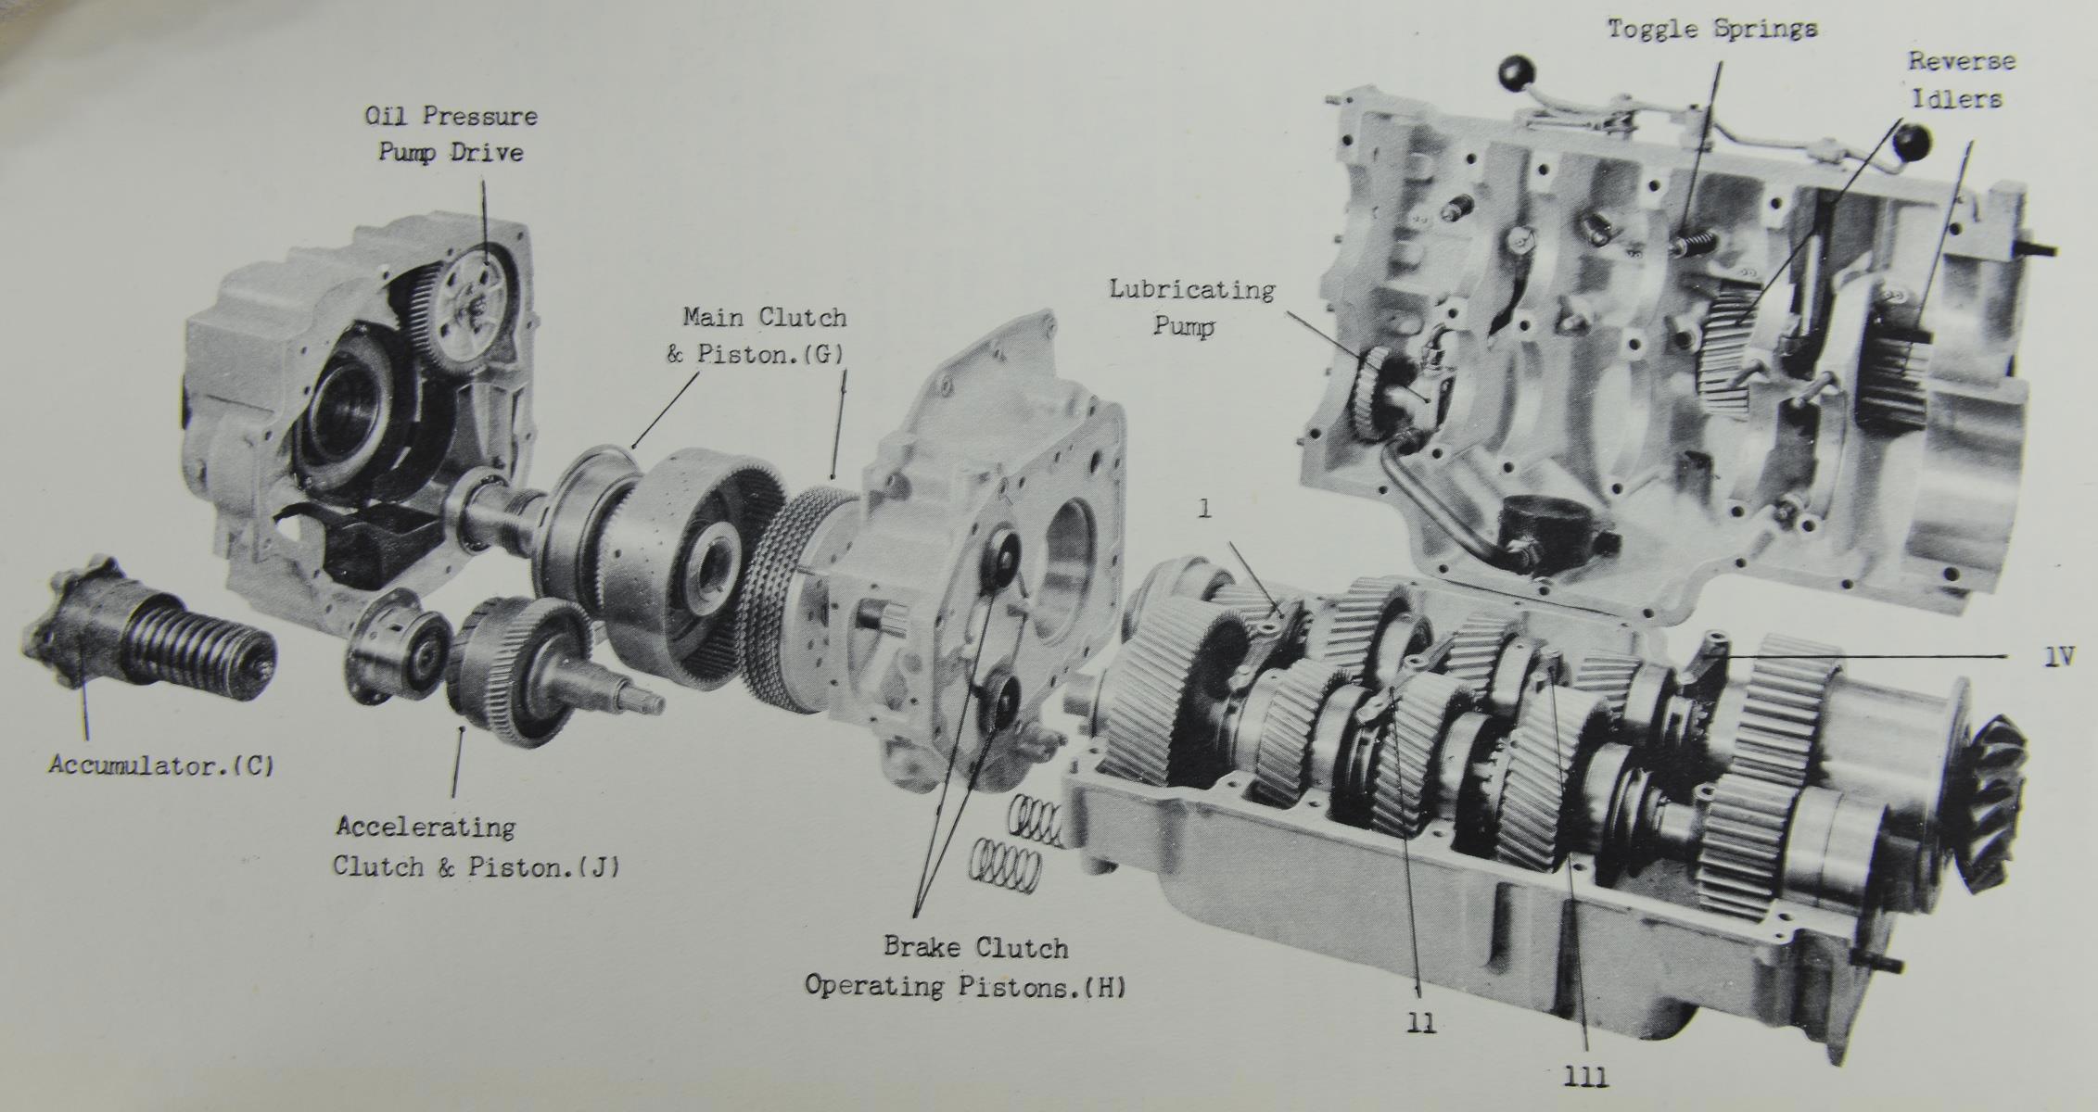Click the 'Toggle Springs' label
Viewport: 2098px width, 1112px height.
[x=1712, y=30]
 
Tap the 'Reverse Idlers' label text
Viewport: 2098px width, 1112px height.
[x=1961, y=80]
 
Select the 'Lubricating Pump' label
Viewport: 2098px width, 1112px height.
[x=1191, y=308]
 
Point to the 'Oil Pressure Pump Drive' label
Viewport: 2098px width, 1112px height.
[x=451, y=133]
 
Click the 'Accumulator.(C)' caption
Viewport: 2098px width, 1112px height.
[x=161, y=765]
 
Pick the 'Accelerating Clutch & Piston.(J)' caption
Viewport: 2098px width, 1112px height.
[x=477, y=846]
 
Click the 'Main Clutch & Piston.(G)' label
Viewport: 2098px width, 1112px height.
[x=757, y=335]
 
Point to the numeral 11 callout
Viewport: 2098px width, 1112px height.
[x=1421, y=1023]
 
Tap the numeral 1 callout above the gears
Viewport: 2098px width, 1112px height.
[x=1204, y=509]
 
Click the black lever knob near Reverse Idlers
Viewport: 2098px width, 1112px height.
[x=1913, y=142]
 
